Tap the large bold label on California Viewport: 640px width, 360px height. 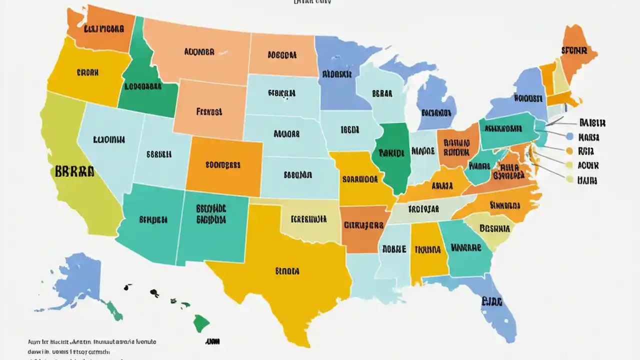pyautogui.click(x=72, y=172)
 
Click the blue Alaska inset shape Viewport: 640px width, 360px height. pyautogui.click(x=75, y=282)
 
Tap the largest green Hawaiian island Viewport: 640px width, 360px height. pyautogui.click(x=201, y=322)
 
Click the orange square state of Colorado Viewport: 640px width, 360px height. pyautogui.click(x=224, y=165)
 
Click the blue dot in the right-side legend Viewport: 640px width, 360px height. pyautogui.click(x=569, y=136)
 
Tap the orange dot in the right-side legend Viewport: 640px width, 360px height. pyautogui.click(x=569, y=150)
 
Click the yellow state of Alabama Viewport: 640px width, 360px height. pyautogui.click(x=427, y=250)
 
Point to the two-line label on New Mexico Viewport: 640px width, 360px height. pyautogui.click(x=211, y=213)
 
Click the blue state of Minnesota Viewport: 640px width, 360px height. pyautogui.click(x=337, y=75)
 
